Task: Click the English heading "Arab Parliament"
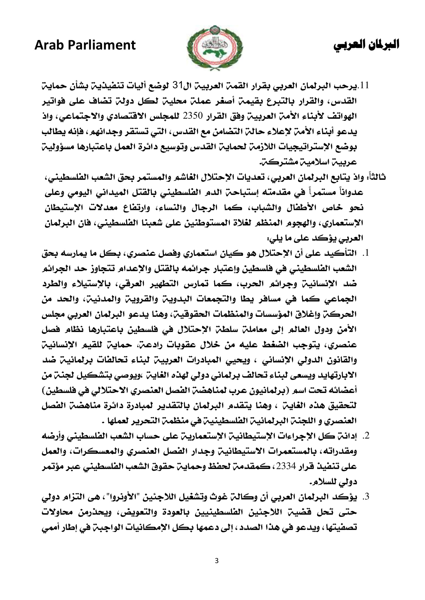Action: click(x=85, y=45)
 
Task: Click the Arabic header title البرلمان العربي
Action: click(x=366, y=45)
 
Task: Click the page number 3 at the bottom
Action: click(x=216, y=561)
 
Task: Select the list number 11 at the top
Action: click(x=365, y=85)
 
